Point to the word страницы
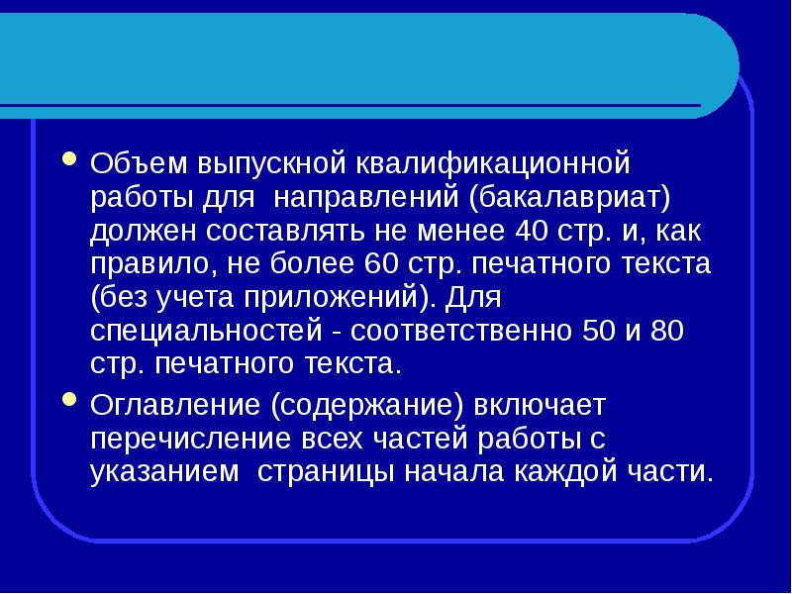click(324, 471)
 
